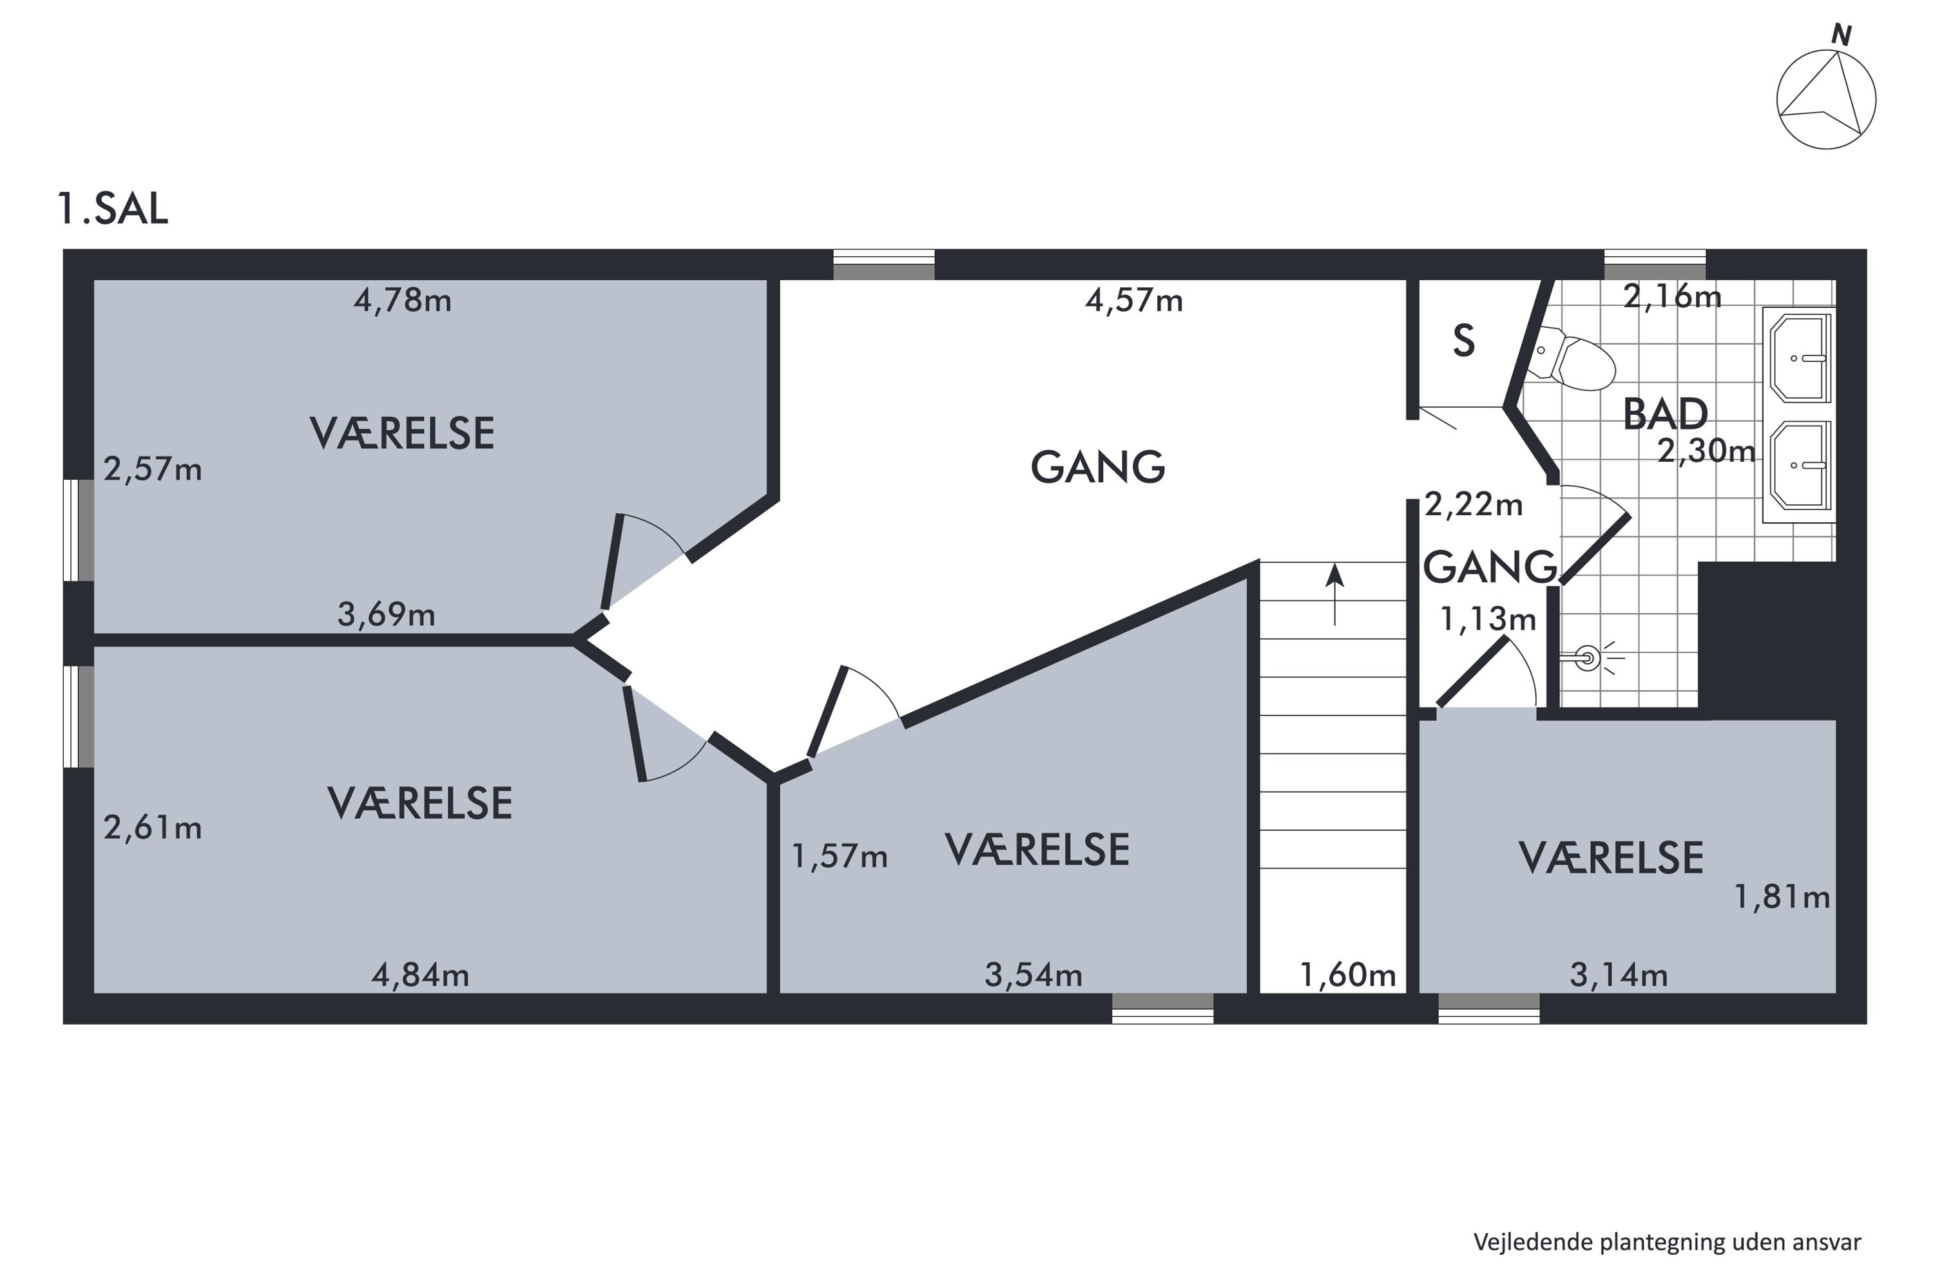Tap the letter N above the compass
1842,35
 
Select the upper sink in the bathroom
1799,357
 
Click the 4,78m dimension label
403,301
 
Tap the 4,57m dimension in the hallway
1134,301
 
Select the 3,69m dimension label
386,614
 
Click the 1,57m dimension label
840,857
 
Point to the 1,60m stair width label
1348,975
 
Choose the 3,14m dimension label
1619,975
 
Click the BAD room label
1666,415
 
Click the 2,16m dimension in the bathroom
1673,296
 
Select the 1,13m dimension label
1488,618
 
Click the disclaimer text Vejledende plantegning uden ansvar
1668,1243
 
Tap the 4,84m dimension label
421,975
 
